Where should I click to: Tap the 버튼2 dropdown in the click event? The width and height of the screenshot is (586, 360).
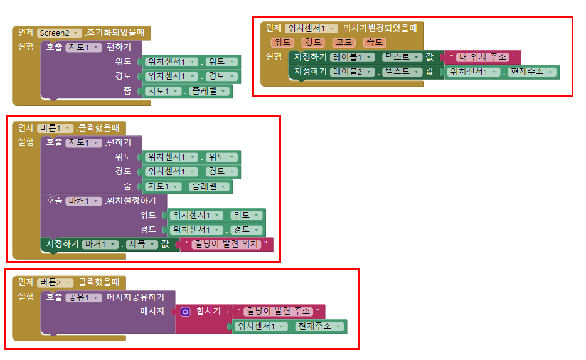pyautogui.click(x=56, y=282)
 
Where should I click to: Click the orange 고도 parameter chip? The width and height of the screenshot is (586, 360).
pyautogui.click(x=344, y=43)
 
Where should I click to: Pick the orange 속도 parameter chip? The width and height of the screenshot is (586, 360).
pyautogui.click(x=375, y=43)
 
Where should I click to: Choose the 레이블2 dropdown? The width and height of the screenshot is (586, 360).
pyautogui.click(x=353, y=72)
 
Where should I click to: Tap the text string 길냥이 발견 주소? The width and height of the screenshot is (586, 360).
pyautogui.click(x=278, y=311)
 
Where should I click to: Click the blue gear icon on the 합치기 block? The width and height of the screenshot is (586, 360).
pyautogui.click(x=185, y=311)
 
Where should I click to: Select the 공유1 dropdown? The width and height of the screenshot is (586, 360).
pyautogui.click(x=83, y=297)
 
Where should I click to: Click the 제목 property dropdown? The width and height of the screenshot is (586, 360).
pyautogui.click(x=141, y=245)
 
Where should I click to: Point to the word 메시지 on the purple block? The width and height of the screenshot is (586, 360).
pyautogui.click(x=152, y=312)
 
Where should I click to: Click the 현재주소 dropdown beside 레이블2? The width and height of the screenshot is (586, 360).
pyautogui.click(x=532, y=72)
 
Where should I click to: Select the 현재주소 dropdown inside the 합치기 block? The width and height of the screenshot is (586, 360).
pyautogui.click(x=320, y=327)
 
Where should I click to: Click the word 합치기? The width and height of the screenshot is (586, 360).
pyautogui.click(x=208, y=312)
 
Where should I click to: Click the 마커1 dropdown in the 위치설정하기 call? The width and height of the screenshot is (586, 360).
pyautogui.click(x=83, y=201)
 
